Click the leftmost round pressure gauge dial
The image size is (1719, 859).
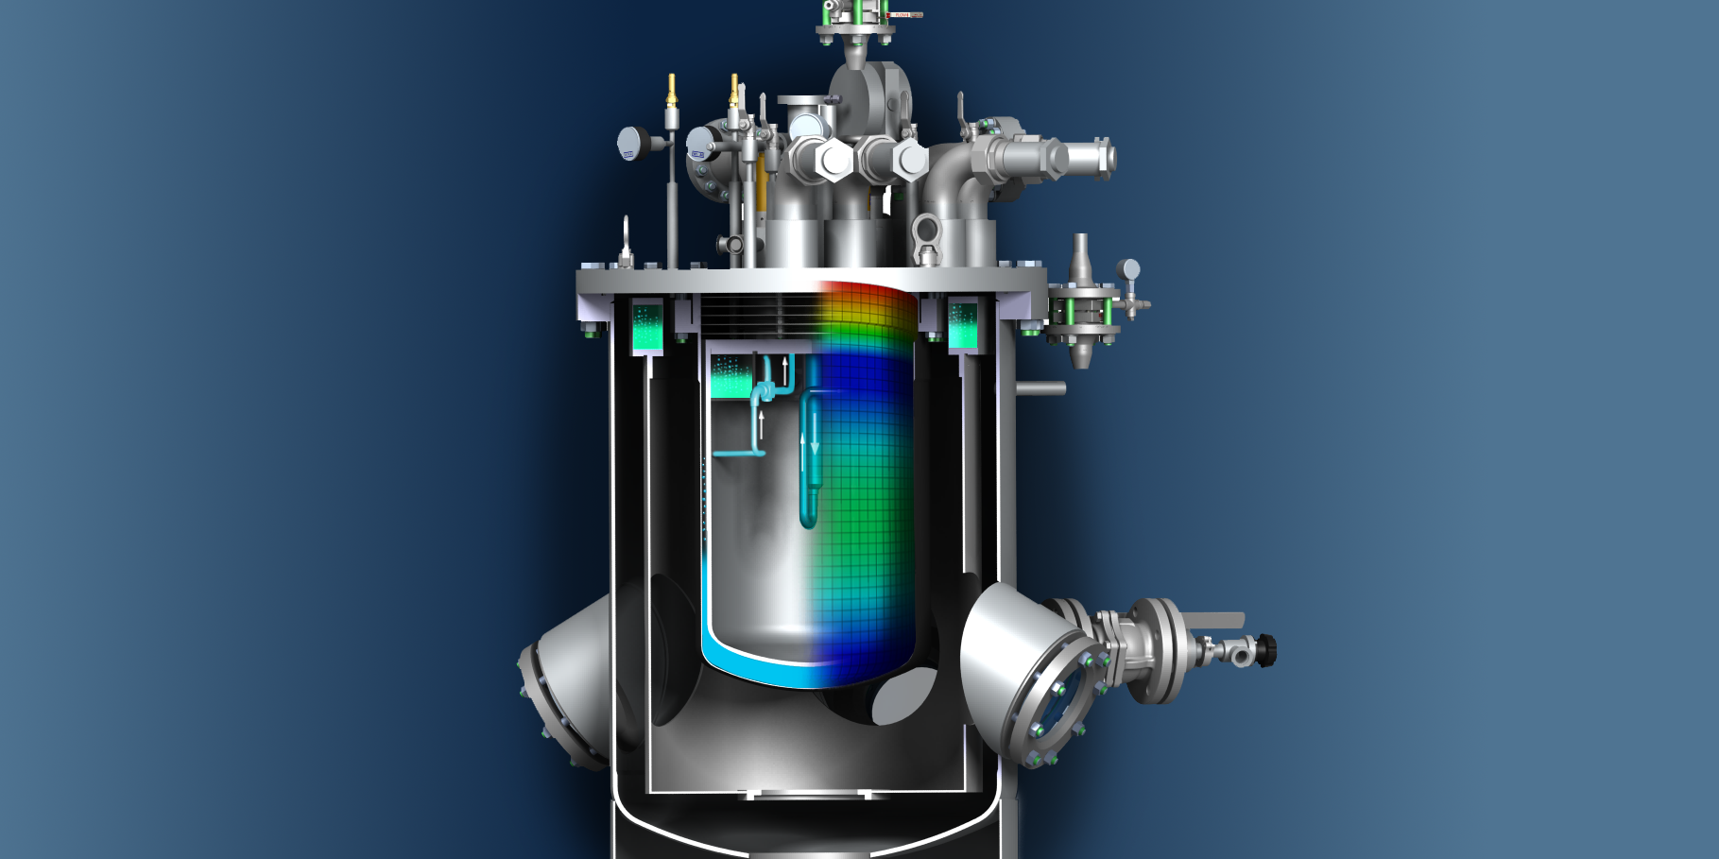point(631,144)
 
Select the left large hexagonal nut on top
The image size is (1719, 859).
point(834,160)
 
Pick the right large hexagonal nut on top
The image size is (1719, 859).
point(910,161)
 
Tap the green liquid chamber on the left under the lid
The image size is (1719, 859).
point(647,327)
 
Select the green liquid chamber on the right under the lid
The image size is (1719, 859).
point(962,326)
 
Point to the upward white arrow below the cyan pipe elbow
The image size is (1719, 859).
point(761,424)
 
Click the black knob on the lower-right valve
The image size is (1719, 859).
point(1268,650)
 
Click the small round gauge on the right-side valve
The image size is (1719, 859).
point(1129,270)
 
